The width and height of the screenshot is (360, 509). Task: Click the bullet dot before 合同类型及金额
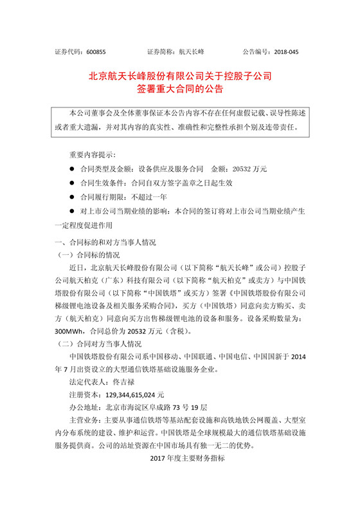[x=71, y=169]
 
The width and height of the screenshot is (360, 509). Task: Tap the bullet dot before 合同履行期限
[x=71, y=197]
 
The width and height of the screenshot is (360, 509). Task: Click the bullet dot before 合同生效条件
[x=71, y=183]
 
